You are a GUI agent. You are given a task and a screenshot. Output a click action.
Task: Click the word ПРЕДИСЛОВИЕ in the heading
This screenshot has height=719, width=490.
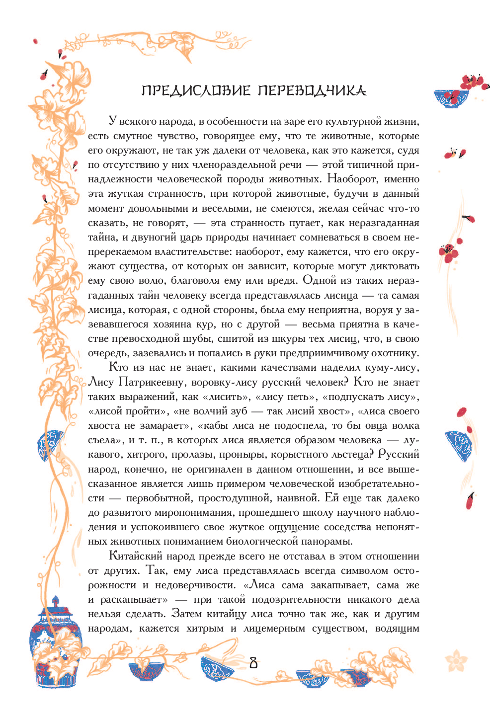[196, 90]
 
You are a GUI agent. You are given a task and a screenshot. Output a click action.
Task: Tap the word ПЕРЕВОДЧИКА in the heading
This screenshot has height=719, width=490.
[312, 90]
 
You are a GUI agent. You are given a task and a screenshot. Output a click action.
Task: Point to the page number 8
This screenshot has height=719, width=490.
[253, 662]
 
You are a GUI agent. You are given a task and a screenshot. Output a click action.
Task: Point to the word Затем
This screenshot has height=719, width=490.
[187, 614]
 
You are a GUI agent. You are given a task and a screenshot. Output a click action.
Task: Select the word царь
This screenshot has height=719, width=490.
[191, 238]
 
